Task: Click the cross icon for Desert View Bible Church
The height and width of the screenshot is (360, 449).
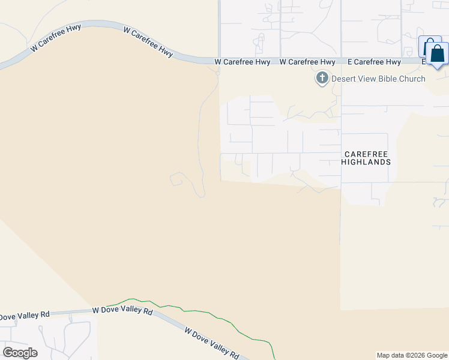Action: click(x=322, y=78)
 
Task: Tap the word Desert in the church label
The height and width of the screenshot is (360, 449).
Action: click(x=345, y=79)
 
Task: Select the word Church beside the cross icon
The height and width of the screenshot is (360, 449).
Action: click(x=412, y=79)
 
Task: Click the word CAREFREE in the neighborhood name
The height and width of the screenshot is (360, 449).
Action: click(x=366, y=154)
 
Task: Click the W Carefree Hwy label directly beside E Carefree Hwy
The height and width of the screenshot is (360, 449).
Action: click(x=307, y=62)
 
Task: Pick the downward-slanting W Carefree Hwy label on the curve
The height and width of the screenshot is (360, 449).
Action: click(x=148, y=42)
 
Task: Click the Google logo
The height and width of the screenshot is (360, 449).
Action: click(x=20, y=353)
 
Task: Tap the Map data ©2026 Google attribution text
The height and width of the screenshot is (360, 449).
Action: click(x=412, y=355)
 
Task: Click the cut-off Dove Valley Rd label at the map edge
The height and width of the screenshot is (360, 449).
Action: click(x=24, y=315)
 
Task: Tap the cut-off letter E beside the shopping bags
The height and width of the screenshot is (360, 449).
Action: click(x=423, y=62)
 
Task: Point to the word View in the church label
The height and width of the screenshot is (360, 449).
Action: click(x=367, y=79)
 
